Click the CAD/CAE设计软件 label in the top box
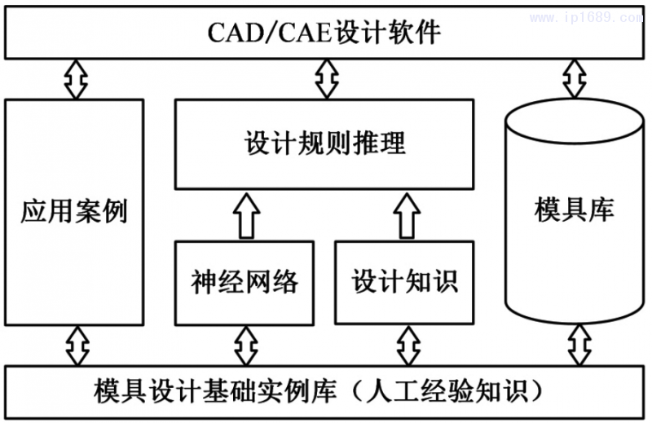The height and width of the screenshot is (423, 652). (x=324, y=33)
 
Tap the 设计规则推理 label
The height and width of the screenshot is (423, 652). (x=324, y=144)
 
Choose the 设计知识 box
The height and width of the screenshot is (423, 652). (x=405, y=281)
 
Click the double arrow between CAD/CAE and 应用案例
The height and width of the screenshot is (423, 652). (x=76, y=79)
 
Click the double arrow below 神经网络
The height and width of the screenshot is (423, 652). (x=245, y=345)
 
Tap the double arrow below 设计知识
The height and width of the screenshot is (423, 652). (x=405, y=345)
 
